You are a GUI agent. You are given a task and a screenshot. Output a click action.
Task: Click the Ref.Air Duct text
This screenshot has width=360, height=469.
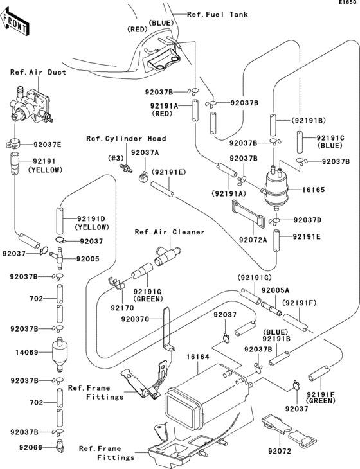(38, 72)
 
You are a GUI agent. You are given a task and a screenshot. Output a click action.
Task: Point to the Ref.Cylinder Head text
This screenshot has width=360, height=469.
(126, 138)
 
